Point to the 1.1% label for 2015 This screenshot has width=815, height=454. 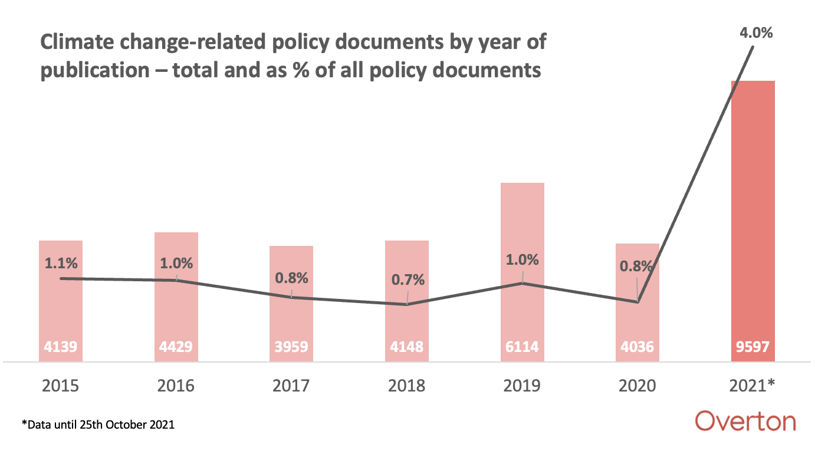point(61,263)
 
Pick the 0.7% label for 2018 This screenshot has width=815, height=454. point(408,279)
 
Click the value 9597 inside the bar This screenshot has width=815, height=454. point(752,347)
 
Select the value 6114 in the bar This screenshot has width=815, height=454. point(522,347)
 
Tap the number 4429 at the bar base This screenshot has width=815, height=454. point(176,347)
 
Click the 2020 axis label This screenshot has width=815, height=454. point(637,386)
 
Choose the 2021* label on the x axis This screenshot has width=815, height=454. point(752,386)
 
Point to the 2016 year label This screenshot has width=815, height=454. point(176,386)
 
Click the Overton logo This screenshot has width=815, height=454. point(745,422)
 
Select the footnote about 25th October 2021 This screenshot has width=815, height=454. point(98,425)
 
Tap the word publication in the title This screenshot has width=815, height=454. point(94,70)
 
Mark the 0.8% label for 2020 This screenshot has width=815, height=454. point(637,266)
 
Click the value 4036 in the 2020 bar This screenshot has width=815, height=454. point(637,347)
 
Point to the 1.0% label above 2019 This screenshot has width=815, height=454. point(522,259)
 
